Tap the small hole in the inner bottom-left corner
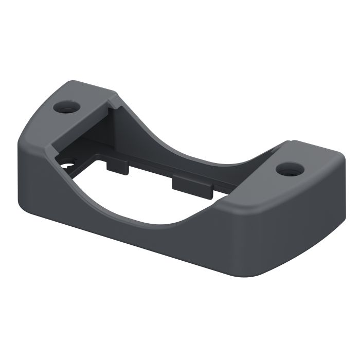click(66, 165)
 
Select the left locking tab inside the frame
click(118, 166)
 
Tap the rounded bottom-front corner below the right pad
click(288, 267)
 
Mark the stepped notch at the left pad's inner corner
click(109, 105)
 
